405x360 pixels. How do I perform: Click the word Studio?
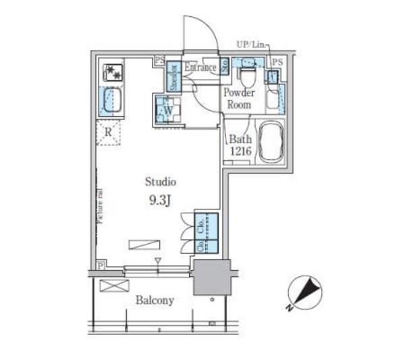pos(161,182)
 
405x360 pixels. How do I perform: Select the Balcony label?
pos(154,300)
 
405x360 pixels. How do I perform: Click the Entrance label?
pos(200,68)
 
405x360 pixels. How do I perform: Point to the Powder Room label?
pos(240,99)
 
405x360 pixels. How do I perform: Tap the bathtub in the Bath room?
pos(273,142)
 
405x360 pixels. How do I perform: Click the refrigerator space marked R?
pos(108,133)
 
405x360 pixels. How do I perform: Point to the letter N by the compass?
pos(288,309)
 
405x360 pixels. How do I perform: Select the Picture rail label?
pos(99,204)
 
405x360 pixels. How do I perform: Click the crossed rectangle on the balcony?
pos(109,286)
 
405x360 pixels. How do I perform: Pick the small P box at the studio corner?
pos(100,265)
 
